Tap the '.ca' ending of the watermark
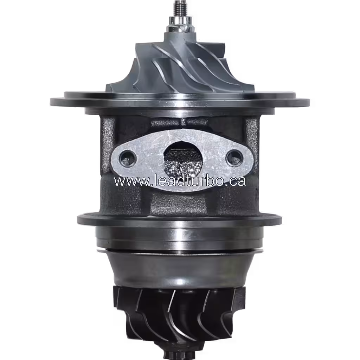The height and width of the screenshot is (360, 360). [x=237, y=181]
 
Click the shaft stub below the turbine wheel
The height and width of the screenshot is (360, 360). [x=179, y=353]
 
